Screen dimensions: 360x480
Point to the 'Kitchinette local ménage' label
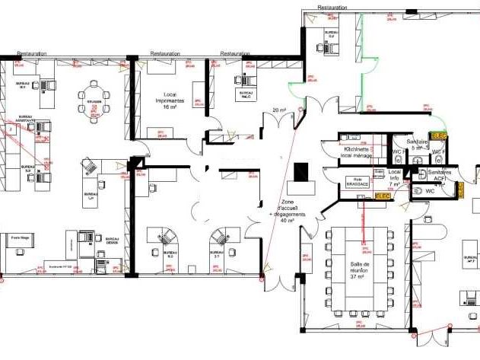[x=357, y=152]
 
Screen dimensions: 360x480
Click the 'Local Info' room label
[x=394, y=177]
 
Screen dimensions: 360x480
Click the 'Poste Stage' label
[x=21, y=238]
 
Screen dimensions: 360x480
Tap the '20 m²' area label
[x=278, y=111]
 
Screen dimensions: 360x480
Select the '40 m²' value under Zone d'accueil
[x=291, y=221]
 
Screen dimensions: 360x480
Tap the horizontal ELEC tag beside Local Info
[x=383, y=196]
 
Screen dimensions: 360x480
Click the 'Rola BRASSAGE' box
[x=357, y=183]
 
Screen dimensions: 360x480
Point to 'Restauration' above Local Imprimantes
[x=165, y=54]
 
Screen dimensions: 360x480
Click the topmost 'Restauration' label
[x=332, y=7]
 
